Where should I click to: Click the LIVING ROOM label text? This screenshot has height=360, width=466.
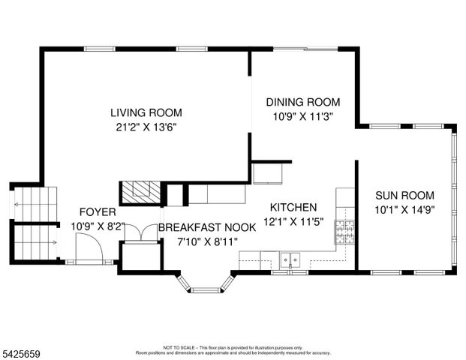click(x=146, y=112)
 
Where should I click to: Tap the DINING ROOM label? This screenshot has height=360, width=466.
click(x=303, y=102)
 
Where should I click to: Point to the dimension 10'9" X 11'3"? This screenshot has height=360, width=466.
click(x=303, y=116)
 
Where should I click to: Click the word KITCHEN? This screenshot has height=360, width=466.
click(x=293, y=207)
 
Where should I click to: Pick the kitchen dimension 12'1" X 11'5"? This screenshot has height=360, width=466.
click(x=293, y=221)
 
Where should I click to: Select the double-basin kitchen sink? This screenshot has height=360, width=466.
click(x=290, y=260)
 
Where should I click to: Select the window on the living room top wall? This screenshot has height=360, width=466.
click(x=104, y=49)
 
